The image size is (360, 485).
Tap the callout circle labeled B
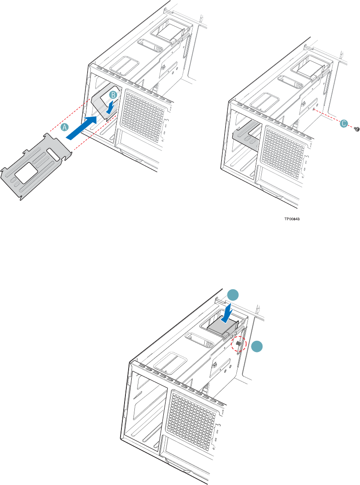(x=113, y=95)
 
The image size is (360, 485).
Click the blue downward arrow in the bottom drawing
(x=227, y=311)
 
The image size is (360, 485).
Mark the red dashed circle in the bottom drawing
(x=239, y=344)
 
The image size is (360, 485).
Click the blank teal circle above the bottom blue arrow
(x=232, y=295)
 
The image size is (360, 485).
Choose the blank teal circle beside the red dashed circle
(x=256, y=348)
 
